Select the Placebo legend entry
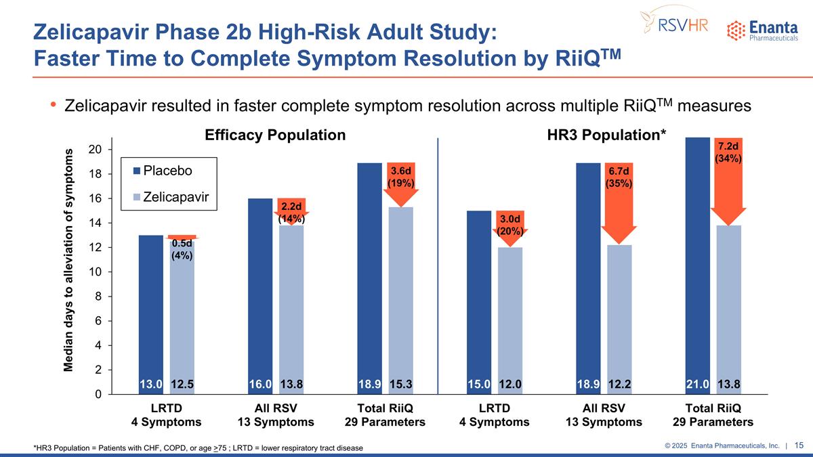pyautogui.click(x=163, y=170)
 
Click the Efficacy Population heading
pyautogui.click(x=275, y=135)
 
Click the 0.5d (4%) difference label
pyautogui.click(x=182, y=249)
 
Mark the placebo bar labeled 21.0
pyautogui.click(x=698, y=264)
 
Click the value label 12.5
pyautogui.click(x=182, y=384)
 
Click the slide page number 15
pyautogui.click(x=799, y=445)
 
